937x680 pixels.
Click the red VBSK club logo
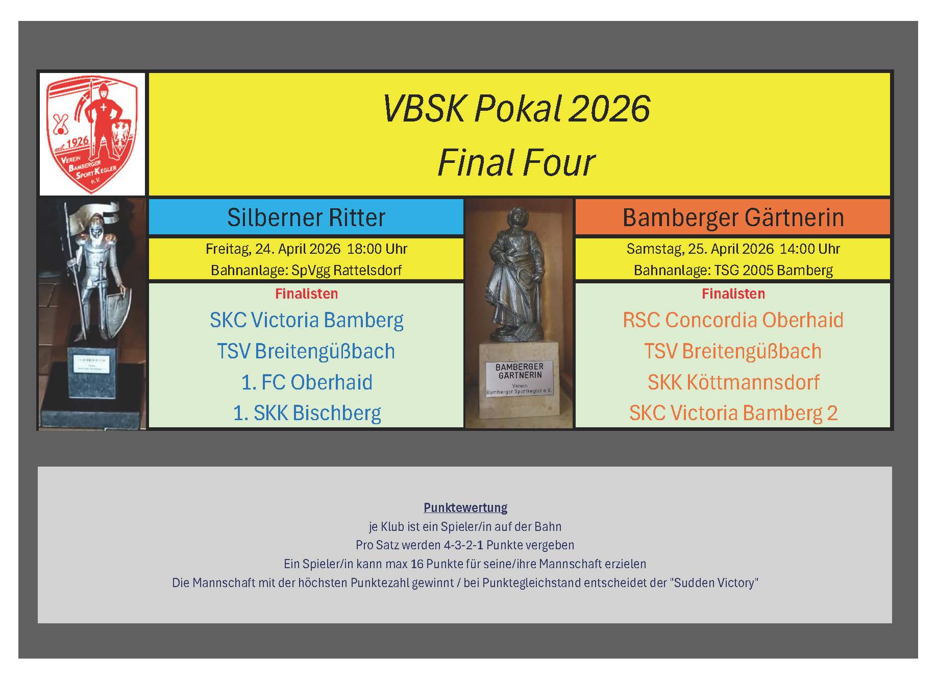click(92, 135)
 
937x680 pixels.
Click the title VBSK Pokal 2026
click(516, 109)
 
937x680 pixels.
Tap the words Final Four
click(516, 163)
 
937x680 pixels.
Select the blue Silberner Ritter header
click(306, 217)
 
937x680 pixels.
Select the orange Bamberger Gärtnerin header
click(733, 217)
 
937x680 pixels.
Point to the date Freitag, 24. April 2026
click(273, 249)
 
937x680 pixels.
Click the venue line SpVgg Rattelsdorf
click(347, 270)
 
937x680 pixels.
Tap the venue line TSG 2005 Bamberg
click(774, 270)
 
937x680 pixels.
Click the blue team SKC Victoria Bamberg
click(307, 321)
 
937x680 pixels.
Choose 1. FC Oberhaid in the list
click(307, 382)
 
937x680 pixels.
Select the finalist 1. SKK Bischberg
click(307, 414)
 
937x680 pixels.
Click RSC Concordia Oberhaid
click(733, 320)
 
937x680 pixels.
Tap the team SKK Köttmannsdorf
click(733, 382)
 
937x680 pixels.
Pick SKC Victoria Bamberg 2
click(733, 414)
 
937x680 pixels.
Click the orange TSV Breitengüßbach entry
click(733, 351)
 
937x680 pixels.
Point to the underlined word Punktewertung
click(465, 507)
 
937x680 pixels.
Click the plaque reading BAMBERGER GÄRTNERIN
click(520, 378)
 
